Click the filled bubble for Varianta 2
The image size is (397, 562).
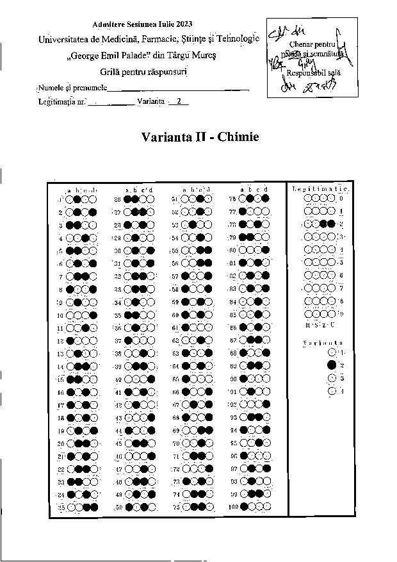click(332, 365)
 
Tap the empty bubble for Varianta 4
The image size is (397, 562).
click(332, 391)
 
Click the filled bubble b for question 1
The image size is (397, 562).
click(77, 199)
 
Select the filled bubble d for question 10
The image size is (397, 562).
click(93, 315)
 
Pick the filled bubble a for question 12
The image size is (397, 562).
click(69, 342)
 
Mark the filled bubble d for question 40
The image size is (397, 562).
click(151, 379)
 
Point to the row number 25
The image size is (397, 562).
click(61, 508)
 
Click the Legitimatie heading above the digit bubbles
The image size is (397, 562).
click(320, 188)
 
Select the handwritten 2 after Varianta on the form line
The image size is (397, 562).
click(179, 101)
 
